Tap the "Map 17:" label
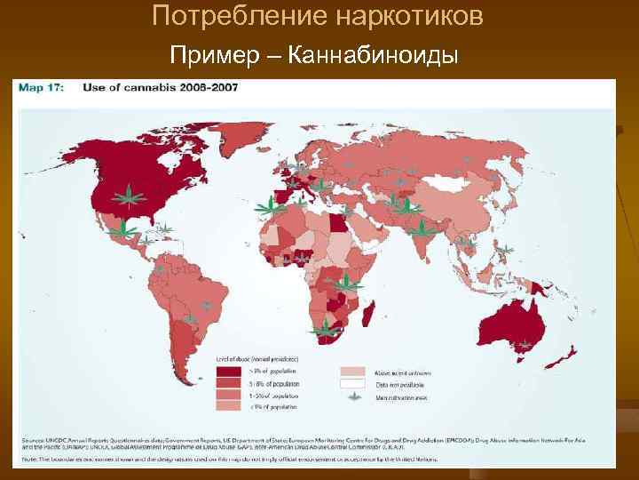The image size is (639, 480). point(45,87)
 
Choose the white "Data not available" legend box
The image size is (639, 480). point(353,385)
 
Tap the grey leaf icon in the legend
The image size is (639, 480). point(353,398)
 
